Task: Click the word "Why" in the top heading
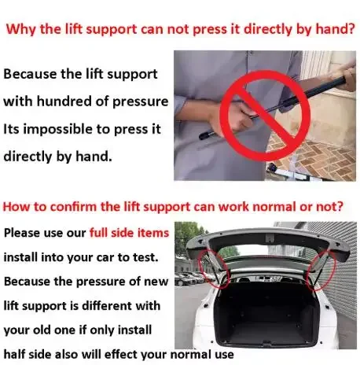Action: [21, 29]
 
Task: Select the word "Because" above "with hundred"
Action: [30, 74]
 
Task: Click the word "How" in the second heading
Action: [15, 207]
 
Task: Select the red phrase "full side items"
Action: [129, 233]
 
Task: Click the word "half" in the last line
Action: [14, 355]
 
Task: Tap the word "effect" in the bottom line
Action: [121, 355]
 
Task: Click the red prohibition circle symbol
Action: [265, 116]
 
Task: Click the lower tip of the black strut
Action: [202, 136]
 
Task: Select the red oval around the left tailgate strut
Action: [214, 269]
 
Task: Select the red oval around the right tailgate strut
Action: [322, 271]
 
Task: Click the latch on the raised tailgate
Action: [270, 238]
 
